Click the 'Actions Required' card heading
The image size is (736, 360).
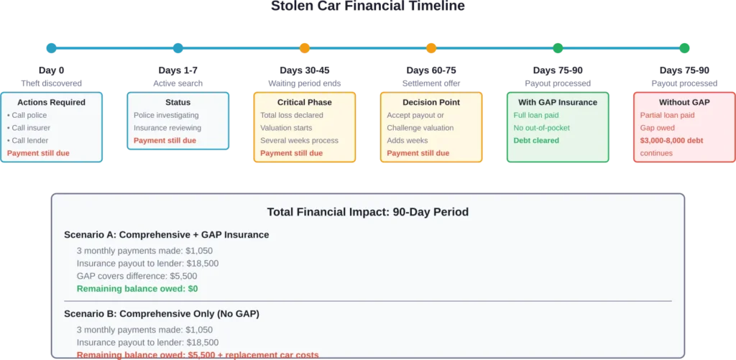tap(51, 102)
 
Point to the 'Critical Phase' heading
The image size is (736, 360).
tap(304, 102)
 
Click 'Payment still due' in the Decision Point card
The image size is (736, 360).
tap(418, 153)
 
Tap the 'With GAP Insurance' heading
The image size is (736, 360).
tap(558, 102)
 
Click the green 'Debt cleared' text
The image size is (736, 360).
tap(536, 140)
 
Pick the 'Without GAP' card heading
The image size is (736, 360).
tap(684, 102)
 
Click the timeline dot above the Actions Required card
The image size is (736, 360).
tap(51, 48)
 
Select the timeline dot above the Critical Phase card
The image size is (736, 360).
tap(304, 48)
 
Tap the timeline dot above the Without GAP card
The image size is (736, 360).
tap(684, 48)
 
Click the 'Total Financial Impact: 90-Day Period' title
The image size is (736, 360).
tap(367, 212)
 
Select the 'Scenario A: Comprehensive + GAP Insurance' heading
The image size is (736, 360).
tap(167, 234)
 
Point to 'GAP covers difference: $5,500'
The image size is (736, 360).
tap(137, 276)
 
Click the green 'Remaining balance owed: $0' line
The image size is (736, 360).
tap(137, 288)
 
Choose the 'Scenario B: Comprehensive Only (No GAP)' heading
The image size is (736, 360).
tap(162, 313)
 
